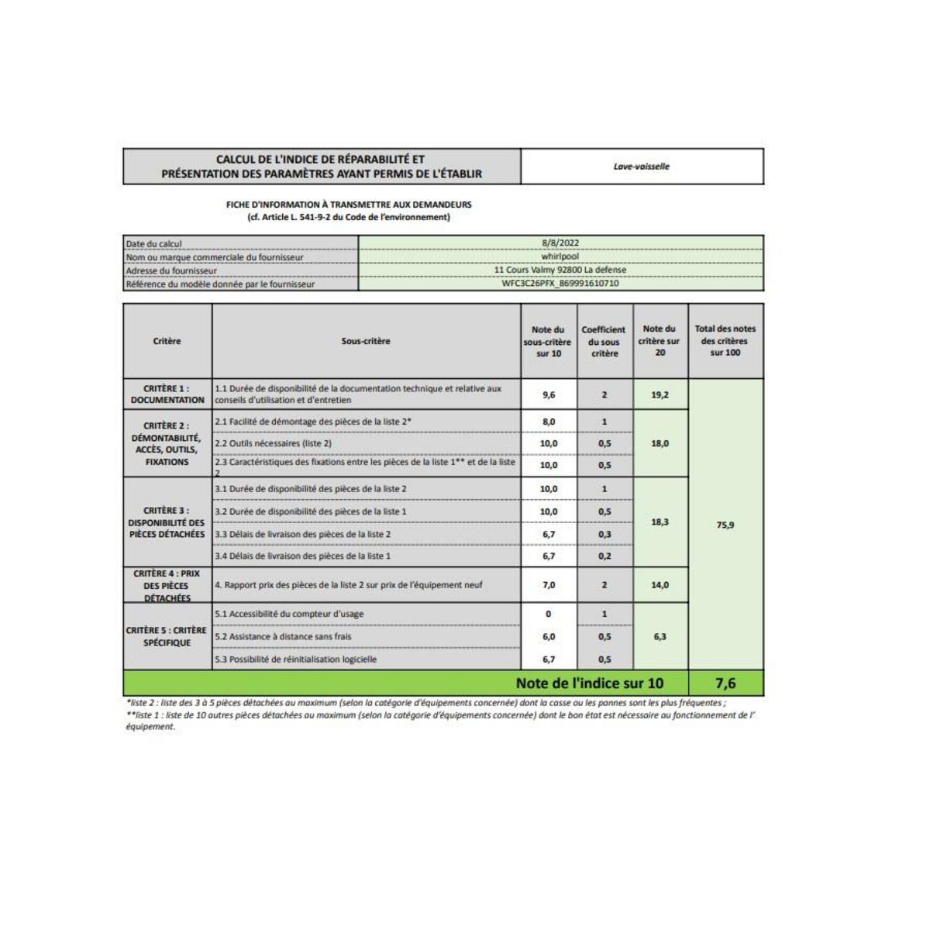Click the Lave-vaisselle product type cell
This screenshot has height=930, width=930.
(x=641, y=167)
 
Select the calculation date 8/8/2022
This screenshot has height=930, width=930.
(x=560, y=243)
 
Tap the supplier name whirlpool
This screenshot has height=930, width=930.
(x=560, y=257)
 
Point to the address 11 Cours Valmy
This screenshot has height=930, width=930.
(x=560, y=270)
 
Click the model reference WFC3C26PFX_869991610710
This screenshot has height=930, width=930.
(x=560, y=284)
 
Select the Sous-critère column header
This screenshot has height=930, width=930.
(x=366, y=341)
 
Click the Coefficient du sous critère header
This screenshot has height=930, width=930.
(x=604, y=341)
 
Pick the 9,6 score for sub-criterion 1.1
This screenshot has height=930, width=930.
(x=549, y=394)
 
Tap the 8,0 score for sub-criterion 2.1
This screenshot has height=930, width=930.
(x=549, y=422)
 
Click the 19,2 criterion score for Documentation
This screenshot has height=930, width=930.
(x=660, y=394)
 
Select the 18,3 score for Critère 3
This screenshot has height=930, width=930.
(x=660, y=522)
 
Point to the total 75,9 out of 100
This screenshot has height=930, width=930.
(x=725, y=525)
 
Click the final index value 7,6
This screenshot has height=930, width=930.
(x=725, y=684)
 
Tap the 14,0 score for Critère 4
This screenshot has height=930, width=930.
(x=660, y=585)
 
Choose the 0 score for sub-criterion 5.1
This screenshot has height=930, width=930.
(x=549, y=614)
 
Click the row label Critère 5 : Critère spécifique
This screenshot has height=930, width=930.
(x=167, y=636)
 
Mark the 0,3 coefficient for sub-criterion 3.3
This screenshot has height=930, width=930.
(x=604, y=534)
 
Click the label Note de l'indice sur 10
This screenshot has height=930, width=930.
(x=589, y=684)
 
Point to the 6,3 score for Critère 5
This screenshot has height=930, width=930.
(x=660, y=636)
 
